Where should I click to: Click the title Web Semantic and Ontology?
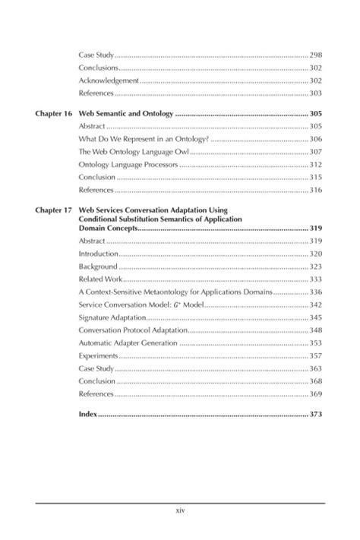click(126, 113)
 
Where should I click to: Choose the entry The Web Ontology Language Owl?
click(133, 152)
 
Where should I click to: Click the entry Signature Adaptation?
click(112, 317)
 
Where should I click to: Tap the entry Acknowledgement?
click(109, 81)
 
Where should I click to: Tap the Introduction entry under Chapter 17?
click(99, 254)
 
